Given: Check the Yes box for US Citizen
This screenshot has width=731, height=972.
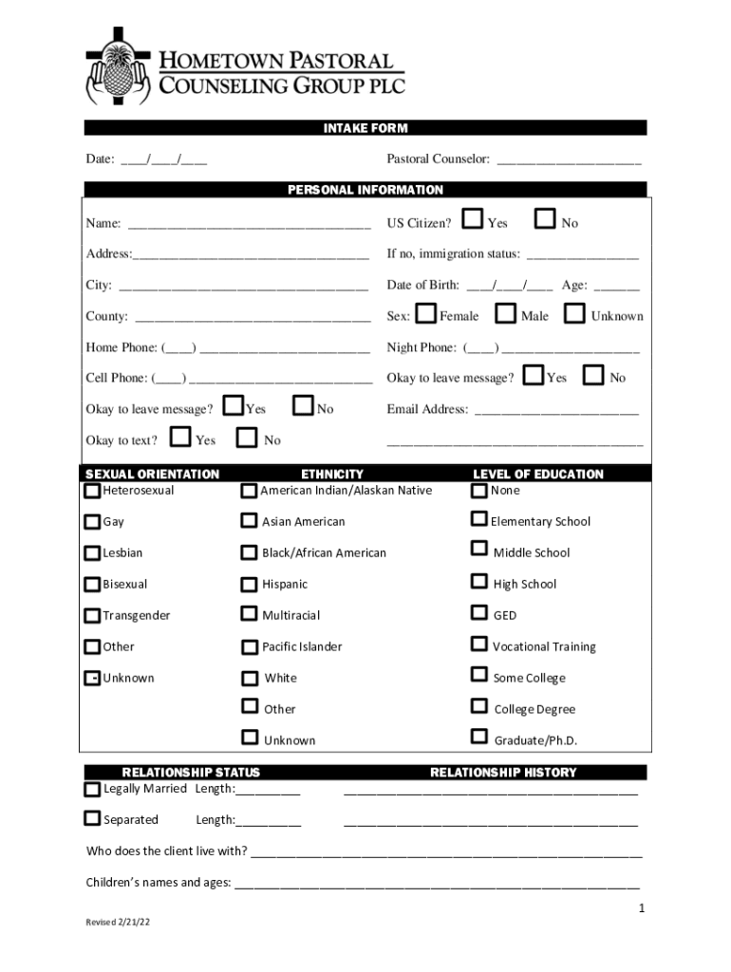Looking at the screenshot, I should click(x=473, y=220).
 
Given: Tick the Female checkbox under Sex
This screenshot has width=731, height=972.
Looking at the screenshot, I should click(x=426, y=313).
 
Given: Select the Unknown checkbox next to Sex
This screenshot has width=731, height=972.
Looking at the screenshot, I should click(x=574, y=313).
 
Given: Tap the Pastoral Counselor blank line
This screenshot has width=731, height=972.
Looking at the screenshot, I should click(x=569, y=161).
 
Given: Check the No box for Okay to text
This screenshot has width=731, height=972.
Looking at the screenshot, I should click(x=248, y=438).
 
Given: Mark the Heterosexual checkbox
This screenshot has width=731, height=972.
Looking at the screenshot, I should click(x=92, y=491).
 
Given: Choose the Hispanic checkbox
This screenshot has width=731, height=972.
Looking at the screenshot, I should click(x=249, y=584).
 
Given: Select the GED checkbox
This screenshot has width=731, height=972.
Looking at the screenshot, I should click(x=479, y=614).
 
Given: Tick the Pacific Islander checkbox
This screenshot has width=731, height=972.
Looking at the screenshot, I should click(x=249, y=647).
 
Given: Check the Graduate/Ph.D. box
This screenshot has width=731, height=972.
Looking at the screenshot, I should click(x=479, y=737).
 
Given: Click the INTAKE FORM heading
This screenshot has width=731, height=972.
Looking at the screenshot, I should click(x=365, y=128).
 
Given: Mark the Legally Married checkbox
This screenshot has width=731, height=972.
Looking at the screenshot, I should click(x=92, y=789).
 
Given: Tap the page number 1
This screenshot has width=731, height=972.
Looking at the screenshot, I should click(x=642, y=908).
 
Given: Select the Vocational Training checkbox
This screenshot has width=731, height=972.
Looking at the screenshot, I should click(x=479, y=645).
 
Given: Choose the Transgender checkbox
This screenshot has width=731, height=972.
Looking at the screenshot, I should click(x=92, y=615).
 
